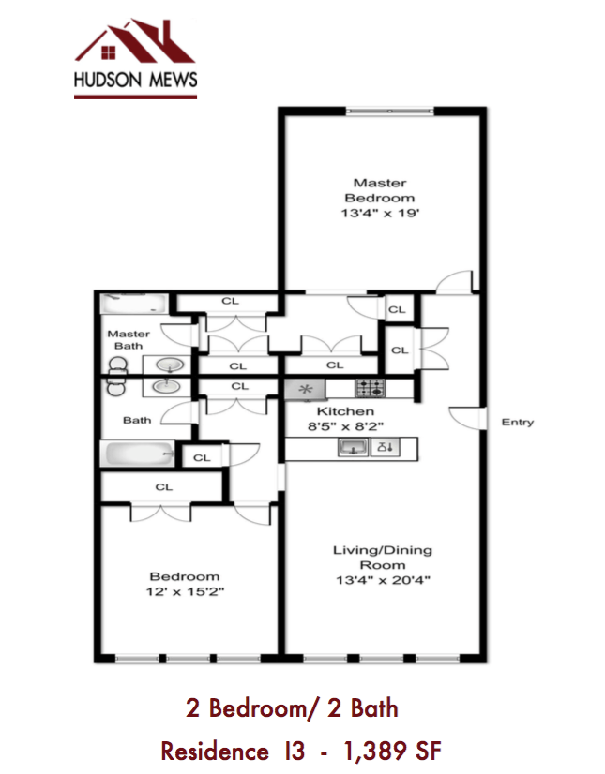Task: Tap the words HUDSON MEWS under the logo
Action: pos(136,82)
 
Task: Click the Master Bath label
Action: pos(129,339)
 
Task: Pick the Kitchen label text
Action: pos(345,411)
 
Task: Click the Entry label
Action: pos(517,422)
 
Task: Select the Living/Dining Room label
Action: pos(383,558)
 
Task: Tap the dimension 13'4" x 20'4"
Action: pos(383,579)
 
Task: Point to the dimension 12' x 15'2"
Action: pos(185,592)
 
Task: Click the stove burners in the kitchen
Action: pos(367,387)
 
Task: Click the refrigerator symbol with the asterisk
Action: pos(304,388)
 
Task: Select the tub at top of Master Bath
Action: pos(134,305)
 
